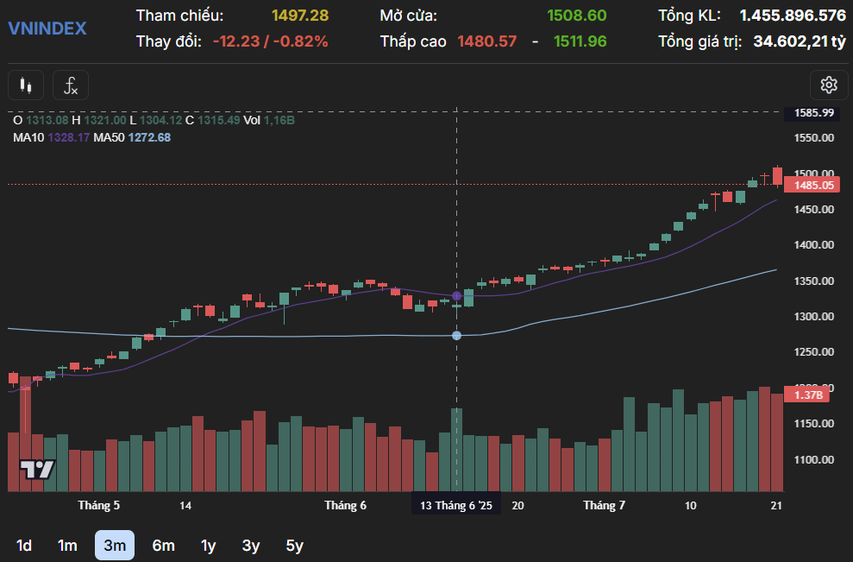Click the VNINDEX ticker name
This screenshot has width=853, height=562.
(47, 28)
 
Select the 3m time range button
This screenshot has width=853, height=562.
(114, 545)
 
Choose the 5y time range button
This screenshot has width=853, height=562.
(294, 545)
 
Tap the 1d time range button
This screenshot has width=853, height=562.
(24, 545)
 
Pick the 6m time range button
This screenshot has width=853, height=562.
(163, 545)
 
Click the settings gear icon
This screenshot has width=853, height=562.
(829, 85)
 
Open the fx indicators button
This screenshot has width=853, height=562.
(71, 85)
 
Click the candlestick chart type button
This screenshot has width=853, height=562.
(26, 85)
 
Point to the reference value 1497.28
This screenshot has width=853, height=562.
(299, 16)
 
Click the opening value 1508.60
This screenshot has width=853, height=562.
(576, 16)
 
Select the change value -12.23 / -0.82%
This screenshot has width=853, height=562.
(270, 41)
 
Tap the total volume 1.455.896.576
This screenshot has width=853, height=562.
(792, 16)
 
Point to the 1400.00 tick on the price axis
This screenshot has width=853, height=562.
(814, 245)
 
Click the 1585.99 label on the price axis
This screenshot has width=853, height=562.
(814, 113)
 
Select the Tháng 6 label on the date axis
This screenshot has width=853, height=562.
(345, 505)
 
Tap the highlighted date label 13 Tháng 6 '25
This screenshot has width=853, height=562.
(455, 505)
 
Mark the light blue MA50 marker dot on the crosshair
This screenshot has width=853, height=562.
(456, 335)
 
